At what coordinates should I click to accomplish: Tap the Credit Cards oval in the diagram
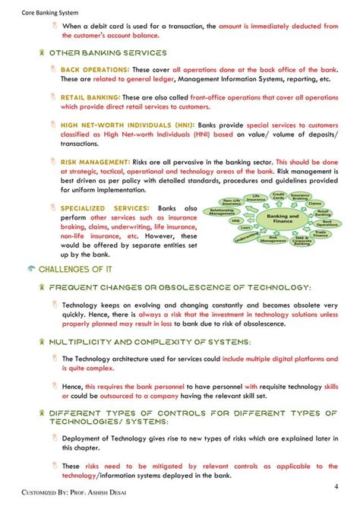[279, 197]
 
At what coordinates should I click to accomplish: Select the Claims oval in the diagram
[316, 204]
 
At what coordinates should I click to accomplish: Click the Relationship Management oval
[223, 213]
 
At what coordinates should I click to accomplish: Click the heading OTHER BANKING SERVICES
[107, 53]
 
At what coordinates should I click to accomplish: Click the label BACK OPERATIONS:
[90, 69]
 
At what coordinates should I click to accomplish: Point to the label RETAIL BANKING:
[90, 97]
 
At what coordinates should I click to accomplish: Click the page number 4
[336, 485]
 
